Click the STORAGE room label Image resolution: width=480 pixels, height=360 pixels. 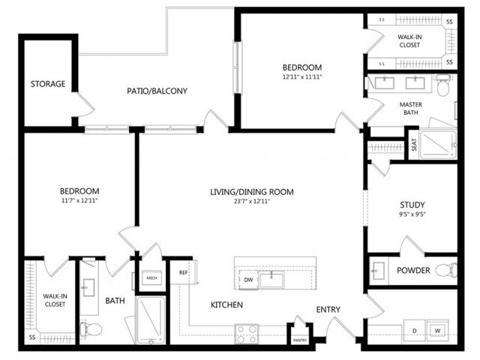tap(48, 83)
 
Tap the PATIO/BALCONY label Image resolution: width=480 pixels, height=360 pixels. tap(156, 91)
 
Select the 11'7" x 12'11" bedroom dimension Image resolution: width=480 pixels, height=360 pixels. tap(79, 201)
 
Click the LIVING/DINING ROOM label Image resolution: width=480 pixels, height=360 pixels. tap(251, 192)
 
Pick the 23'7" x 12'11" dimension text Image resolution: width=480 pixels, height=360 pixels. tap(251, 202)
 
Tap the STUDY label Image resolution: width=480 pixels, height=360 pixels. tap(412, 205)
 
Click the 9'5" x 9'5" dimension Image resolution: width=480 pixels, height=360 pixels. tap(412, 214)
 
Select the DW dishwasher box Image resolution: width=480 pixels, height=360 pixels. tap(248, 280)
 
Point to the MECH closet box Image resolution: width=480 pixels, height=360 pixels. tap(151, 277)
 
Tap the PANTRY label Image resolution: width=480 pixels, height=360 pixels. tap(300, 340)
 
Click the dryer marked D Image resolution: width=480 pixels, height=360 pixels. tap(413, 329)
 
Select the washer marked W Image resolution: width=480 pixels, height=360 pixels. tap(437, 329)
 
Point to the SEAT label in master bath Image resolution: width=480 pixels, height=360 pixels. tap(413, 144)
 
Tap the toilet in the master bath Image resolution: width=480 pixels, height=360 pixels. tap(443, 89)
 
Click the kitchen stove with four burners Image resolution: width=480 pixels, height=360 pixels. tap(247, 333)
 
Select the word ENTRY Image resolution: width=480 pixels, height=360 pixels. tap(328, 310)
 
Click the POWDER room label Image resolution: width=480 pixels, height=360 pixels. tap(412, 270)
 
